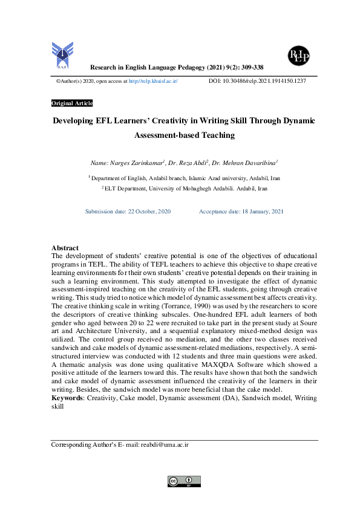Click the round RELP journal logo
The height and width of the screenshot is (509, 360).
299,56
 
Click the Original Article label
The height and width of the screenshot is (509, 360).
72,103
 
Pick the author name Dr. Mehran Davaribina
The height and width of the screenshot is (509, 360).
244,163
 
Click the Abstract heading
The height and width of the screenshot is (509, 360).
65,248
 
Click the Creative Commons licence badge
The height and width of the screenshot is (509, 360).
184,481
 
